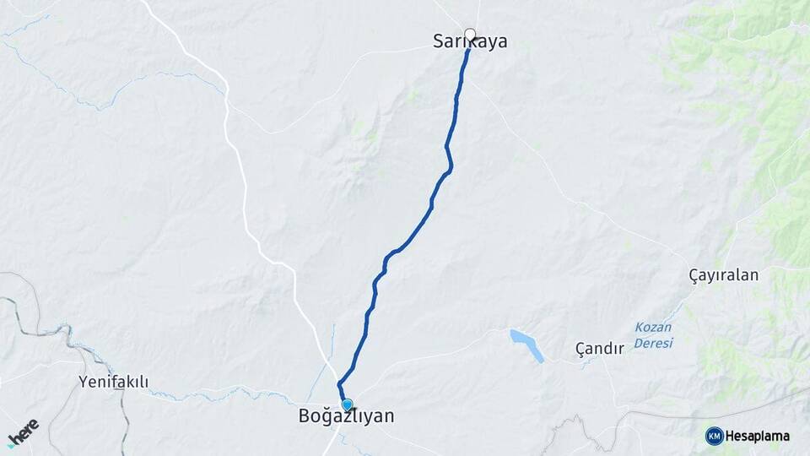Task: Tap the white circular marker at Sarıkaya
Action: [x=470, y=35]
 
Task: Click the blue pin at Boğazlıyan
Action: [x=347, y=404]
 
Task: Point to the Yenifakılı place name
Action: [x=113, y=382]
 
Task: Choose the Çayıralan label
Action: [x=724, y=275]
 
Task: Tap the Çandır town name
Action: [x=599, y=348]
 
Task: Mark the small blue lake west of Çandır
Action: [x=526, y=345]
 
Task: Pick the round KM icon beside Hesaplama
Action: [x=715, y=436]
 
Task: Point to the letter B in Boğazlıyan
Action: [x=304, y=416]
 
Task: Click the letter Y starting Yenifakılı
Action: [x=83, y=382]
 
